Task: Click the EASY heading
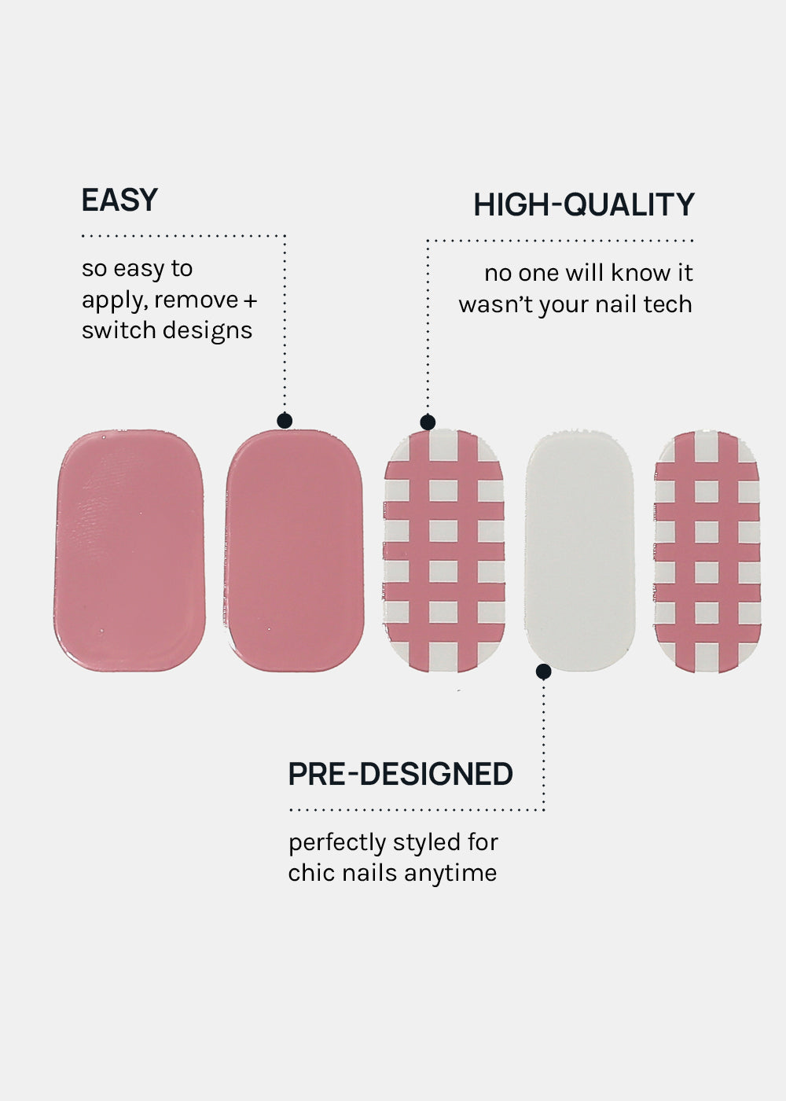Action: pos(119,200)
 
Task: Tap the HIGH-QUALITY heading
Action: pos(583,204)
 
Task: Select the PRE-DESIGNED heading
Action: pos(400,774)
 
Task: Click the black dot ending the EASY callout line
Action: pos(285,421)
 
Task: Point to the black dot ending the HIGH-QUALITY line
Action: pos(428,422)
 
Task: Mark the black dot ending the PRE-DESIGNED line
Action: pos(543,672)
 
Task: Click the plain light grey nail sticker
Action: pos(580,551)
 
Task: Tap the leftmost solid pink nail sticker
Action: pos(130,551)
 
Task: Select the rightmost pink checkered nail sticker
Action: pos(707,551)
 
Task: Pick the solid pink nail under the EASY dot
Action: pos(294,551)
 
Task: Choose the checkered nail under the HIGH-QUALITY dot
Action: pos(444,551)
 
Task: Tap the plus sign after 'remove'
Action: pos(250,300)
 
